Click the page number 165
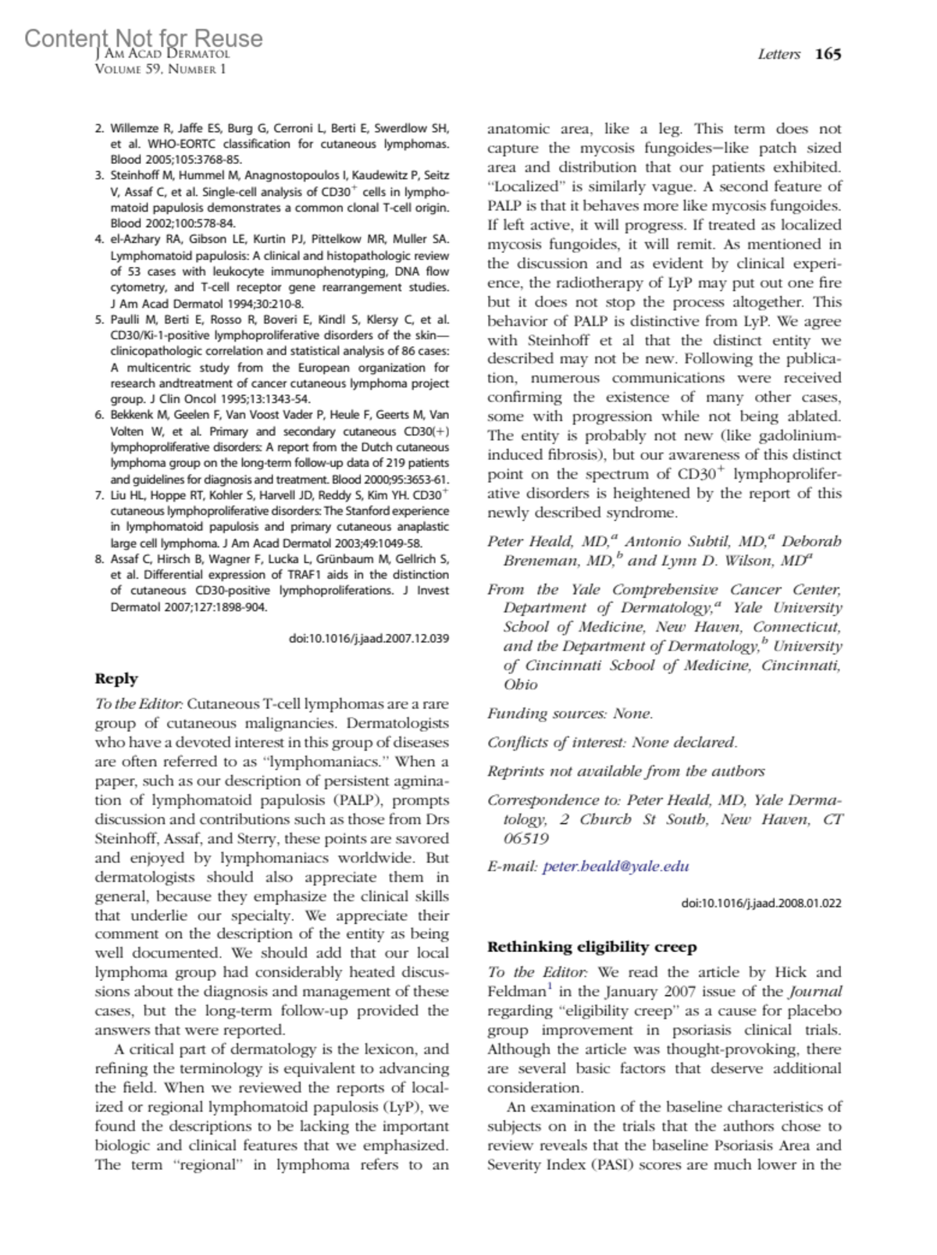828,54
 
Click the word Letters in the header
778,54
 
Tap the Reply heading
116,679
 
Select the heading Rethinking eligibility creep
592,947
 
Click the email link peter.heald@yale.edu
615,866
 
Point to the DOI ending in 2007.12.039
369,638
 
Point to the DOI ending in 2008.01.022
761,903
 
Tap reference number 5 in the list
99,319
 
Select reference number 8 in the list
99,558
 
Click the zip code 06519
526,838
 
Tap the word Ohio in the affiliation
520,684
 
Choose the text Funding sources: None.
570,713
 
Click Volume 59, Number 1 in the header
160,69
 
